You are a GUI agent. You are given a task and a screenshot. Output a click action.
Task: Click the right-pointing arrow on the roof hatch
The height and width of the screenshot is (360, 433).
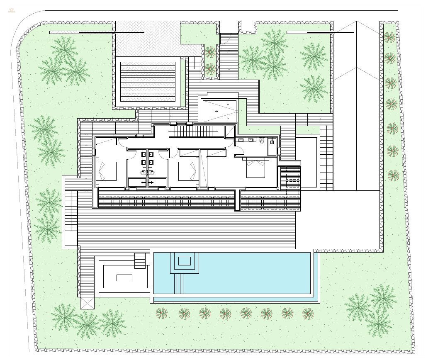pos(216,111)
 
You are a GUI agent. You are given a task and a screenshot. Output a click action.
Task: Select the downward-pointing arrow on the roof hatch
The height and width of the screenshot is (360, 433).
pos(227,103)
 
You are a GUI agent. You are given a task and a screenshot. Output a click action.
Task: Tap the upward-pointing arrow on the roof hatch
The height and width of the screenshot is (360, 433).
pos(227,119)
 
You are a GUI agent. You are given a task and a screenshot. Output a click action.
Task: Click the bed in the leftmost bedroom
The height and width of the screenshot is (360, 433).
pos(107,171)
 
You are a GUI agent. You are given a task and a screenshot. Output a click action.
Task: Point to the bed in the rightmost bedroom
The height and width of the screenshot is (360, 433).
pos(255,168)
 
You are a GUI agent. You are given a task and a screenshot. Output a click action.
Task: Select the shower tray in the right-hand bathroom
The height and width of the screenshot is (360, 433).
pos(272,146)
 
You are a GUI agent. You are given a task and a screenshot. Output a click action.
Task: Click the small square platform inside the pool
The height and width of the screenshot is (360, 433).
pos(184,261)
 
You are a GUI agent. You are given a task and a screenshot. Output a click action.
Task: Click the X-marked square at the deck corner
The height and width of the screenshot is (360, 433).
pos(88,303)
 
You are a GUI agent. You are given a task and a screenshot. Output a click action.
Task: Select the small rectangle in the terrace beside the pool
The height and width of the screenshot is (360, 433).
pos(124,277)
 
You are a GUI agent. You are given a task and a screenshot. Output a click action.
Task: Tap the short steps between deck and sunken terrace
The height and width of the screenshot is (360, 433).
pos(140,260)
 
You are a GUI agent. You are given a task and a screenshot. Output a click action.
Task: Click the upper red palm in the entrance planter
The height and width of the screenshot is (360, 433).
pos(210,52)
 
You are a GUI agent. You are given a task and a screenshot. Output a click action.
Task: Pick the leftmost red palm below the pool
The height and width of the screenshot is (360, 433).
pos(162,313)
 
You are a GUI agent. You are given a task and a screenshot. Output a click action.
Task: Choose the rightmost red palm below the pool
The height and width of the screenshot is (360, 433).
pos(308,314)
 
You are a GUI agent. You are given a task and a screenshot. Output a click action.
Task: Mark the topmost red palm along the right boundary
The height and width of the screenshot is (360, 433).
pos(389,38)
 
